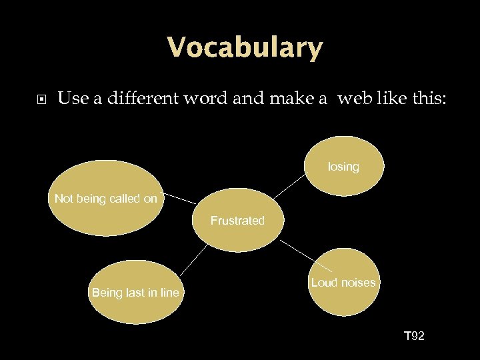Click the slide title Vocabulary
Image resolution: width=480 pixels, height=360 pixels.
(245, 48)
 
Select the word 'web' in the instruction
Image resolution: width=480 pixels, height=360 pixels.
(353, 99)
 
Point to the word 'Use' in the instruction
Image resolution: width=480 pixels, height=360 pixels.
(71, 99)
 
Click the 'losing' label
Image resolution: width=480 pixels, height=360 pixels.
(343, 167)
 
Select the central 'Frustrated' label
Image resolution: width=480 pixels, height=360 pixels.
(237, 221)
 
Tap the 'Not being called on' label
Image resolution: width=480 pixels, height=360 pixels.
(106, 199)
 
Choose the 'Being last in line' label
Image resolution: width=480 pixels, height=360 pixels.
(135, 293)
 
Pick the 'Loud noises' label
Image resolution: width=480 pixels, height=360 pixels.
(343, 283)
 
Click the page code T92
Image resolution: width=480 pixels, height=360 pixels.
(414, 336)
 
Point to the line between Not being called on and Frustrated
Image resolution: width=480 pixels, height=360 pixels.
(180, 199)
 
